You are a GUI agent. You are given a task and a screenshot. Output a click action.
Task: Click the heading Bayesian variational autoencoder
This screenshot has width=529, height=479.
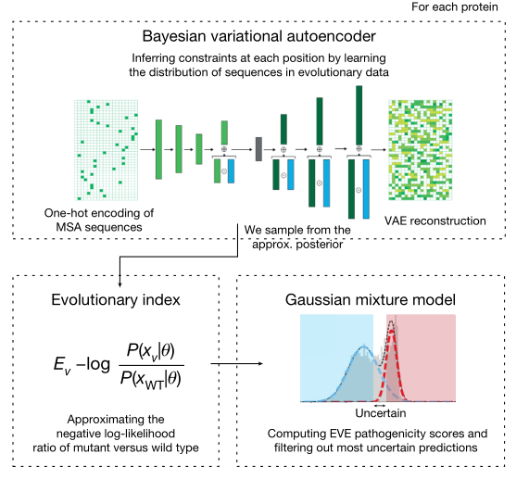pos(258,36)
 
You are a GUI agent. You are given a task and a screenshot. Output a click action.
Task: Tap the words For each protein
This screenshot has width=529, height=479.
pos(455,6)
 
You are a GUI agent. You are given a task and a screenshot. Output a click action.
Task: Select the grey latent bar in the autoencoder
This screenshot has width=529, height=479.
pos(258,149)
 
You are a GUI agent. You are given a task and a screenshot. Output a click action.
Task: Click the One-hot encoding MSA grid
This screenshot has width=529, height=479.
pos(106,150)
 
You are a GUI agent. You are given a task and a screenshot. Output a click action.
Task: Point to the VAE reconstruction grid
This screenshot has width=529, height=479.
pos(420,150)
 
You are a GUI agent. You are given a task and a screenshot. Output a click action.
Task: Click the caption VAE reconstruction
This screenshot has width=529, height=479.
pos(435,221)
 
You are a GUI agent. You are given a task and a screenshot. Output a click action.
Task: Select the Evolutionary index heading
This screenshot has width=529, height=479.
pos(116,299)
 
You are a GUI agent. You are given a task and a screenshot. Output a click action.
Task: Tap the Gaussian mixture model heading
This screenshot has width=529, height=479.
pos(370,299)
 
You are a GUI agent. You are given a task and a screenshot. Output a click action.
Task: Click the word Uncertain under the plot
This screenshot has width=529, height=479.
pos(381,413)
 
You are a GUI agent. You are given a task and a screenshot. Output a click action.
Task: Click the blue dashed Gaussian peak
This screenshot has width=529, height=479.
pos(364,347)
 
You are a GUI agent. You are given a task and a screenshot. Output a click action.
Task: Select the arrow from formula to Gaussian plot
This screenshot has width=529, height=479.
pos(236,363)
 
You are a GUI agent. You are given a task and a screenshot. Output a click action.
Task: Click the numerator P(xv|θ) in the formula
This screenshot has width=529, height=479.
pos(150,351)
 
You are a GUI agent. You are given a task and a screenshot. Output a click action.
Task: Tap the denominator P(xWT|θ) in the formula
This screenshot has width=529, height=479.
pos(150,380)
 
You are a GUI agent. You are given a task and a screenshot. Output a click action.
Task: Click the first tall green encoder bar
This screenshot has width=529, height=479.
pos(158,149)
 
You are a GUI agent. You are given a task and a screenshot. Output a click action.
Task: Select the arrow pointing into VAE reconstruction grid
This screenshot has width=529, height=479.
pos(379,149)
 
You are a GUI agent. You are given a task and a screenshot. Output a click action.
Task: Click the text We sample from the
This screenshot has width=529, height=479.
pos(297,230)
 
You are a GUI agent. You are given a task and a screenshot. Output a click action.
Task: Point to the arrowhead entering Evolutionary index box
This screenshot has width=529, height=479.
pos(120,284)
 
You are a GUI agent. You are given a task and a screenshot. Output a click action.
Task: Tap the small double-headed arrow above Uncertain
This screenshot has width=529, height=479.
pos(380,406)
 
